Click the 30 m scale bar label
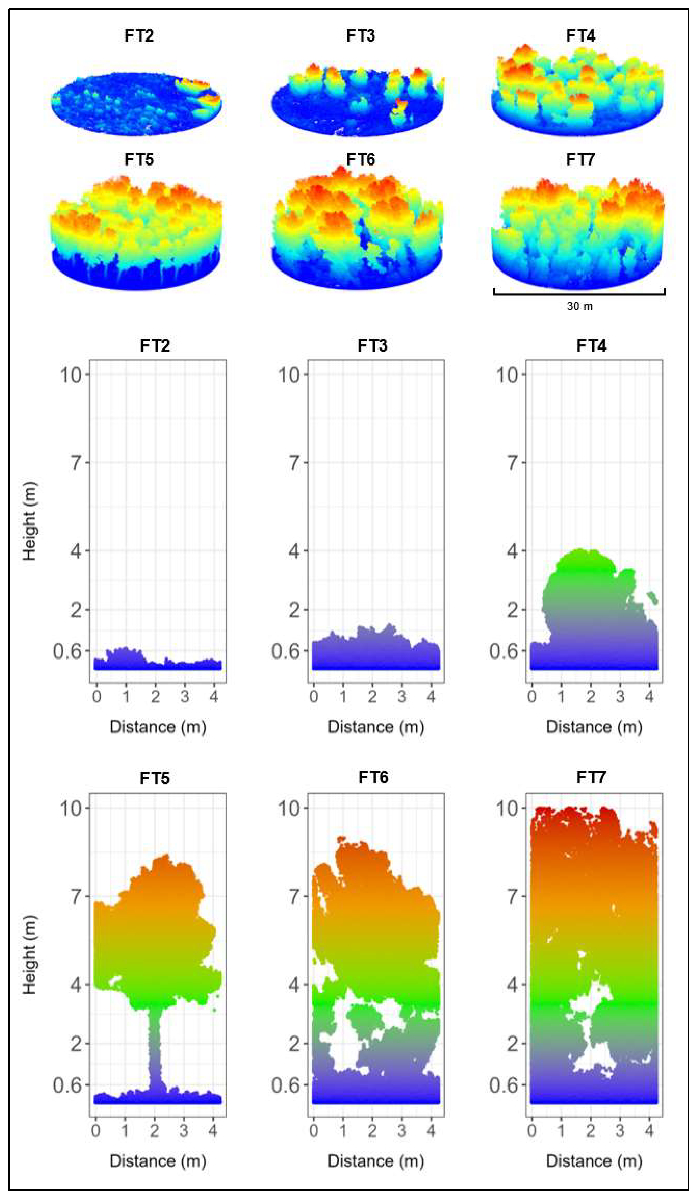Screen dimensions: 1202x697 coord(579,306)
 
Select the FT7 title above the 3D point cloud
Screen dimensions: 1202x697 coord(580,159)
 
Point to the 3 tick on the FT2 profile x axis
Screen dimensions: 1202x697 coord(185,697)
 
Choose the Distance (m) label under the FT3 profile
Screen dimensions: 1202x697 coord(375,727)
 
